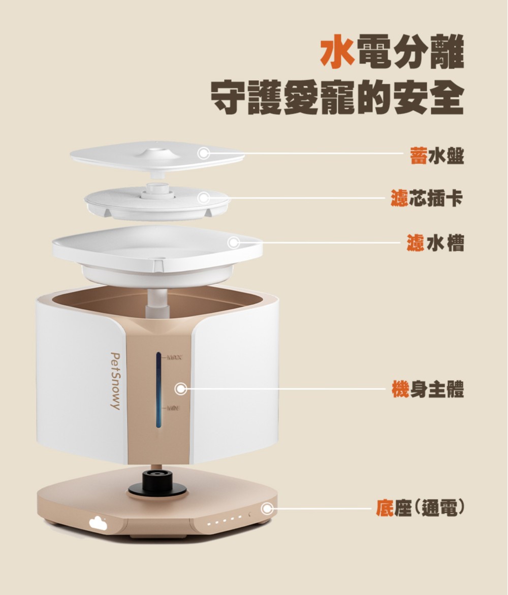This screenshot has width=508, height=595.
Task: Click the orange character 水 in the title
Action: coord(337,51)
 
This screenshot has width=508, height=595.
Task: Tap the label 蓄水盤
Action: coord(436,155)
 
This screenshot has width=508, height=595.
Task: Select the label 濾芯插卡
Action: coord(427,197)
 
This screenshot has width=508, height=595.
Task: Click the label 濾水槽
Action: coord(435,243)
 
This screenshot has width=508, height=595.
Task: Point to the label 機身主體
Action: coord(428,389)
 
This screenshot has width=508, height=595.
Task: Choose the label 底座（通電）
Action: coord(420,508)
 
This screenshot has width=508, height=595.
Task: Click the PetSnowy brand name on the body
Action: coord(115,381)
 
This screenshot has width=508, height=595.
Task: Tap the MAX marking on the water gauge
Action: coord(174,357)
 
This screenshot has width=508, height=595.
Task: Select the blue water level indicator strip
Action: coord(158,390)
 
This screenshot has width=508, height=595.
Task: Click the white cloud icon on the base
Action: coord(98,523)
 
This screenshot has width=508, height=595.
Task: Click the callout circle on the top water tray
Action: coord(204,153)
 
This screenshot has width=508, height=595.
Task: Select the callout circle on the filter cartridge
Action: coord(204,197)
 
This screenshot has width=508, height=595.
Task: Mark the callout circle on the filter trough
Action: coord(234,243)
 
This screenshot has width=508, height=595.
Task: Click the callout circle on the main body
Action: coord(181,389)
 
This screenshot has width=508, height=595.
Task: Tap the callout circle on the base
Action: coord(267,508)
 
